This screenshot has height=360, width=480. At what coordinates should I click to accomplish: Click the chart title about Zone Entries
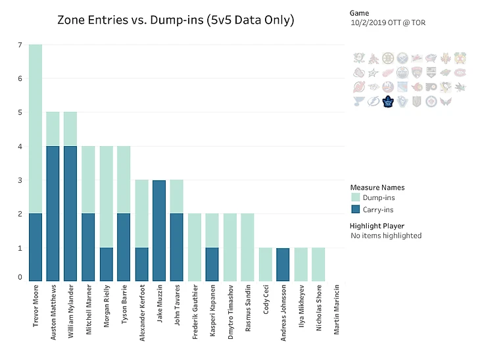point(176,20)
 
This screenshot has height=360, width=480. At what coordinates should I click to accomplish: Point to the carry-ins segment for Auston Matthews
point(53,213)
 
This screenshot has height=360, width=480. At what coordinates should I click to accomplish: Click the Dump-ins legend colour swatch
point(356,197)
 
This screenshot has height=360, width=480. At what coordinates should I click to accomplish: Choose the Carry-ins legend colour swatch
point(356,209)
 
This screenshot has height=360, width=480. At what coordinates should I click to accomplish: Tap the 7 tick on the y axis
point(20,45)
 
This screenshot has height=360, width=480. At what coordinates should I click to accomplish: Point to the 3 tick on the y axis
point(20,180)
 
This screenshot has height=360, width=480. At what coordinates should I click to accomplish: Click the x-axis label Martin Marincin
point(337,309)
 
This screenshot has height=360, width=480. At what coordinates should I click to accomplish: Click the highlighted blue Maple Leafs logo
point(388,101)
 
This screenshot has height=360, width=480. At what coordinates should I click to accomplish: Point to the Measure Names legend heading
point(377,187)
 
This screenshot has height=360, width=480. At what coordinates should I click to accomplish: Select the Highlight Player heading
point(377,226)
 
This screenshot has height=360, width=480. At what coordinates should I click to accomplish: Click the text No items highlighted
point(386,236)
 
